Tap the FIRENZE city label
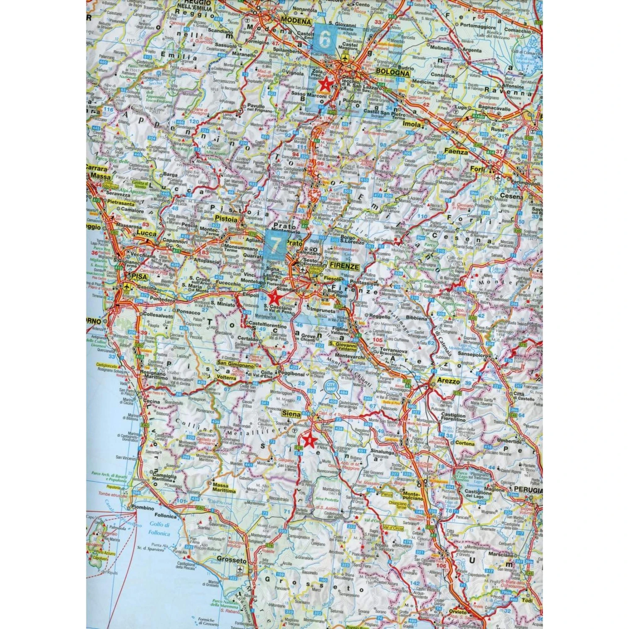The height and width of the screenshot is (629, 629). pyautogui.click(x=344, y=266)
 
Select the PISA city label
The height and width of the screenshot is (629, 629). pyautogui.click(x=139, y=277)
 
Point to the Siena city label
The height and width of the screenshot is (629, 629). pyautogui.click(x=291, y=413)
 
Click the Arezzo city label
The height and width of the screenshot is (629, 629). pyautogui.click(x=448, y=381)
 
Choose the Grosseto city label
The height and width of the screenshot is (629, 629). pyautogui.click(x=232, y=560)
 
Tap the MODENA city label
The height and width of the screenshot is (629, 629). pyautogui.click(x=296, y=21)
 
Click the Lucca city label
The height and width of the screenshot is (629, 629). pyautogui.click(x=147, y=234)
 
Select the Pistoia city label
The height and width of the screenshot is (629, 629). pyautogui.click(x=226, y=218)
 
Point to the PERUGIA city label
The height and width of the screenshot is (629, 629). pyautogui.click(x=528, y=490)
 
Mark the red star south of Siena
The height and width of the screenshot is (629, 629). pyautogui.click(x=310, y=440)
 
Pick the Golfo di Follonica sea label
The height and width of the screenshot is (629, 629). pyautogui.click(x=159, y=529)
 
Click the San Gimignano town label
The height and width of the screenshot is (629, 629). pyautogui.click(x=235, y=365)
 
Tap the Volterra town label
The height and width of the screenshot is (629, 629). pyautogui.click(x=226, y=377)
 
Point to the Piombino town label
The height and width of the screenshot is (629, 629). pyautogui.click(x=143, y=507)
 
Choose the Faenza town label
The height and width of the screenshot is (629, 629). pyautogui.click(x=456, y=152)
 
